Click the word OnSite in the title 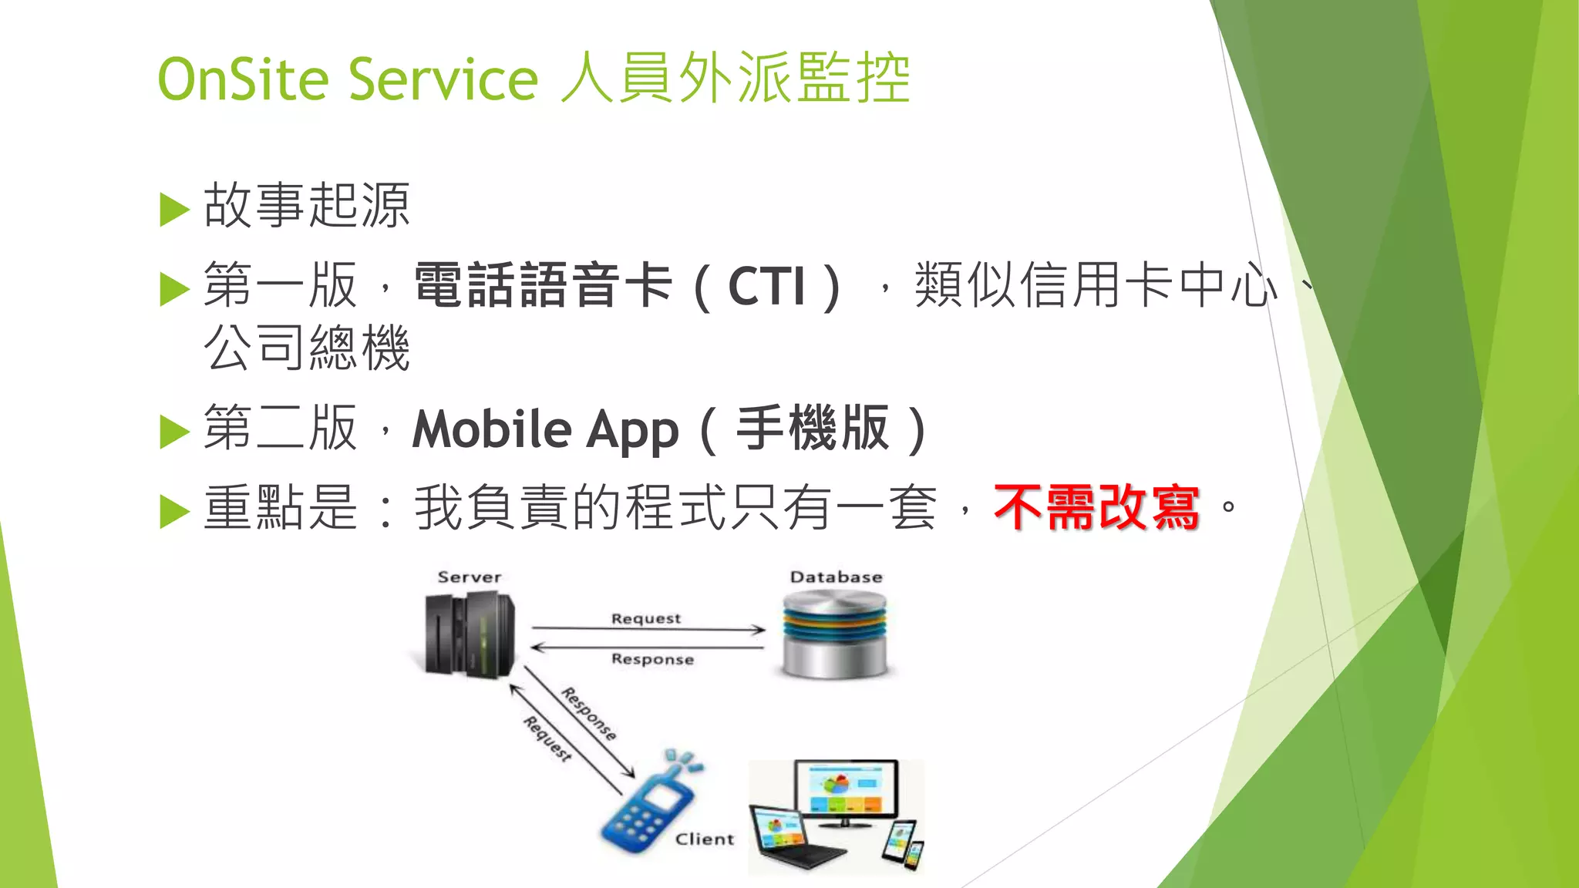[243, 79]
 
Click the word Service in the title [443, 79]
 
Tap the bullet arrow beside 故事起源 [174, 210]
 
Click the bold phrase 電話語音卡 [544, 285]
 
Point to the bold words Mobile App [545, 429]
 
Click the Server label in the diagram [469, 577]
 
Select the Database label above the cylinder [836, 577]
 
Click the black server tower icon [470, 636]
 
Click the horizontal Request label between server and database [646, 618]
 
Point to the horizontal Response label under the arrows [652, 659]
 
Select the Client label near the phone [705, 839]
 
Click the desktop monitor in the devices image [847, 790]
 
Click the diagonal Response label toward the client [589, 714]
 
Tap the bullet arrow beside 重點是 [174, 511]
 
